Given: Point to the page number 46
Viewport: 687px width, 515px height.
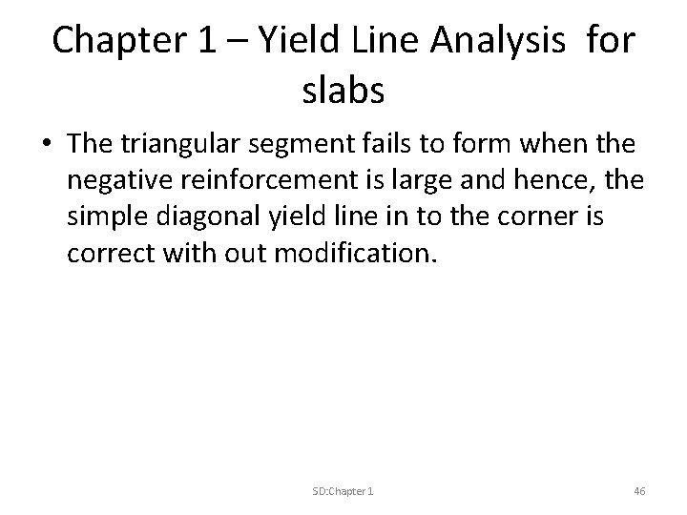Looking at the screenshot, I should [x=639, y=490].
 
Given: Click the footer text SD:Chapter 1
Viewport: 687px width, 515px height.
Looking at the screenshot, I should [x=343, y=490].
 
